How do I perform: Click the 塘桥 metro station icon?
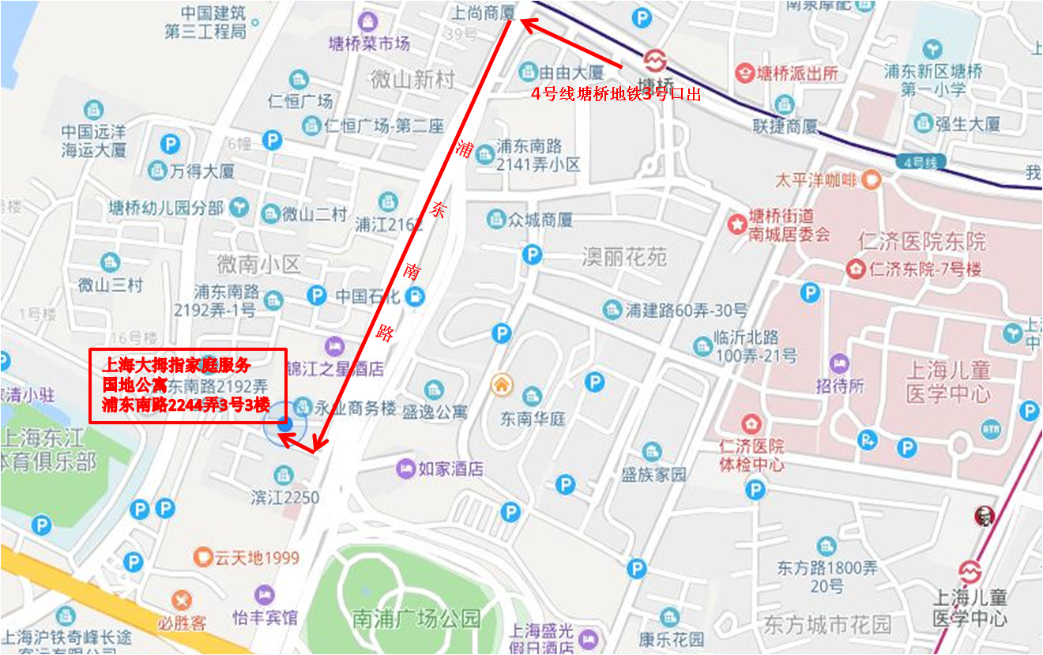653,60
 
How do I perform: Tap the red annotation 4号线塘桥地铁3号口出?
616,94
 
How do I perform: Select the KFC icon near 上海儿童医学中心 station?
985,517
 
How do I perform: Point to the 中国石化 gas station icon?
413,297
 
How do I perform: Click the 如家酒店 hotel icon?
405,469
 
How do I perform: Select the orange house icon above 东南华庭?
501,385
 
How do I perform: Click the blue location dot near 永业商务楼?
285,425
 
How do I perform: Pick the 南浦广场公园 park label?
416,618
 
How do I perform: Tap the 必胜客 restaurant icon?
183,599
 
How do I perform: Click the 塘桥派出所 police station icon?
744,73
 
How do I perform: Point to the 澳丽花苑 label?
624,257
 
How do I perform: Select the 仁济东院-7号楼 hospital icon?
855,269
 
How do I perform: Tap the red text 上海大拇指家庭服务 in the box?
177,365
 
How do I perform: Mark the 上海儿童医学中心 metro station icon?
970,570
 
